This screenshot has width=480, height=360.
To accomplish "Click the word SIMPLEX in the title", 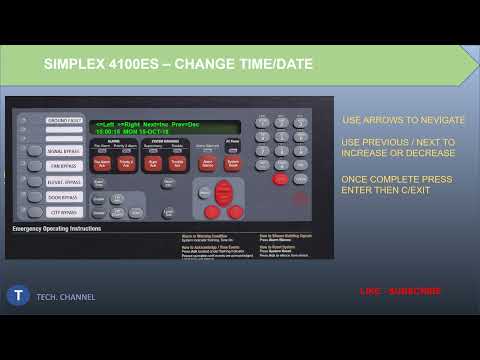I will click(73, 64).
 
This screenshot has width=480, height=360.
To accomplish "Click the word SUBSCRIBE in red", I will click(416, 291).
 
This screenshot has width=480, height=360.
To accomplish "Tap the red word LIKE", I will click(370, 291).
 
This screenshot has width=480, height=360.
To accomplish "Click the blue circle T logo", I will click(18, 295).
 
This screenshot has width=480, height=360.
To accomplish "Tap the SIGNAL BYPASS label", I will click(63, 151).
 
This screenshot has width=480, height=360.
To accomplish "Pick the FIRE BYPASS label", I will click(63, 166).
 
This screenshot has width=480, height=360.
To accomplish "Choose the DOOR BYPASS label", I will click(63, 196).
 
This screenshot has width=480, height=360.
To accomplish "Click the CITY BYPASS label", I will click(63, 211).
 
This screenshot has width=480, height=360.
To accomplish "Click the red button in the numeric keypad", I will click(280, 179).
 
